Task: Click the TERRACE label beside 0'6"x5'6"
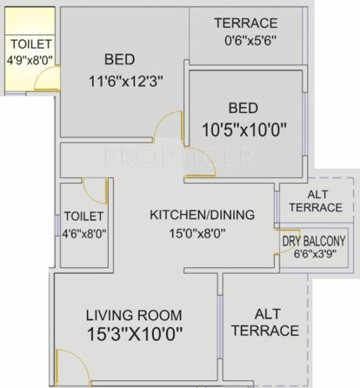coord(246,24)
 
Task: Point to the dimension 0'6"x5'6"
coord(247,39)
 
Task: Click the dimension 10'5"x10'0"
coord(243,129)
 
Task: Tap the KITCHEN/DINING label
coord(202,215)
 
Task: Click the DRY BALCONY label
coord(313,240)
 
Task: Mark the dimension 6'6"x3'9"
coord(313,253)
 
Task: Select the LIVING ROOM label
coord(134,316)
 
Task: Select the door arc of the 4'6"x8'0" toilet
coord(95,189)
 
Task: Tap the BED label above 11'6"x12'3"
coord(119,60)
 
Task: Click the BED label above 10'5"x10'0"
coord(243,107)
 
